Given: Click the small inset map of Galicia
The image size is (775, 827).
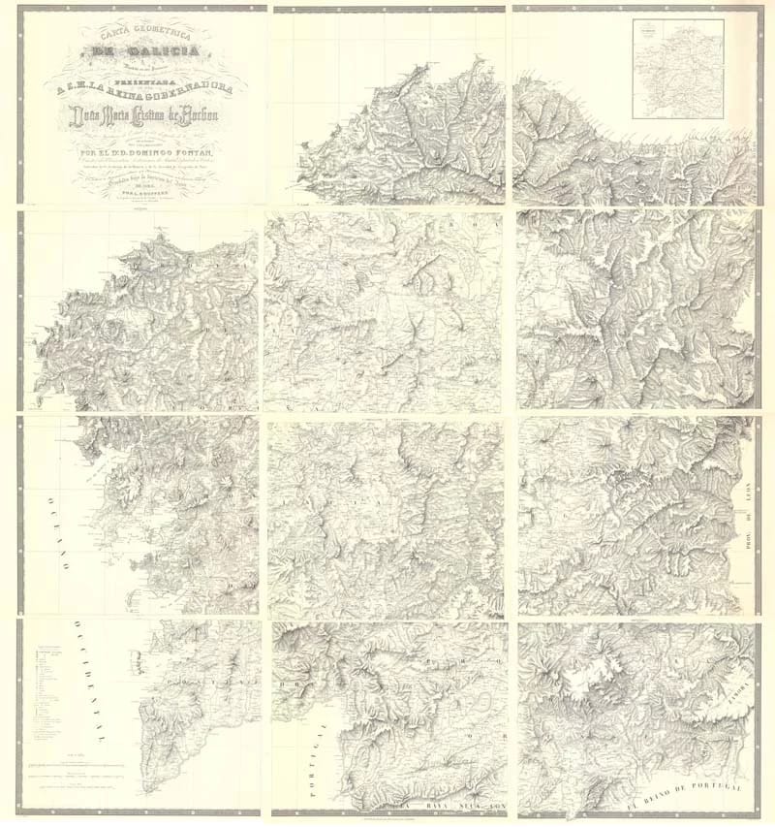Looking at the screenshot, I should coord(677,69).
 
